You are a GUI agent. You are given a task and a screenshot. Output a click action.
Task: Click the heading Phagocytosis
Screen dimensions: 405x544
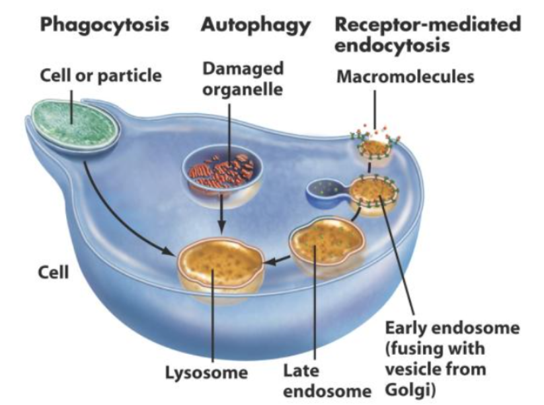point(104,25)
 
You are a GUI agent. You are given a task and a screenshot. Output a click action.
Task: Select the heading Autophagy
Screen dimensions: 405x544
point(255,25)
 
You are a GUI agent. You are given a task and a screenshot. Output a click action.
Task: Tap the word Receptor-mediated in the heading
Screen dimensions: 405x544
point(428,25)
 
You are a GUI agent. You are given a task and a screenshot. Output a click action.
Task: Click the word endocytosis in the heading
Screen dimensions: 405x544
point(393,46)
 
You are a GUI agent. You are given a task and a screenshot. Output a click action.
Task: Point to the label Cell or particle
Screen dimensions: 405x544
point(100,75)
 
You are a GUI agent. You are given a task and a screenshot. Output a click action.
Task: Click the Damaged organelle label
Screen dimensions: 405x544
point(243,78)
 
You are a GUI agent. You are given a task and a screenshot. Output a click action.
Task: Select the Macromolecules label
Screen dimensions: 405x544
point(405,77)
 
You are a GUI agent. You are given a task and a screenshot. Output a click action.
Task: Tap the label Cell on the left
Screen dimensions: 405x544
point(53,272)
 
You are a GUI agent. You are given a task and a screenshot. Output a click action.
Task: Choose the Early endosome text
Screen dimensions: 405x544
point(453,328)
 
